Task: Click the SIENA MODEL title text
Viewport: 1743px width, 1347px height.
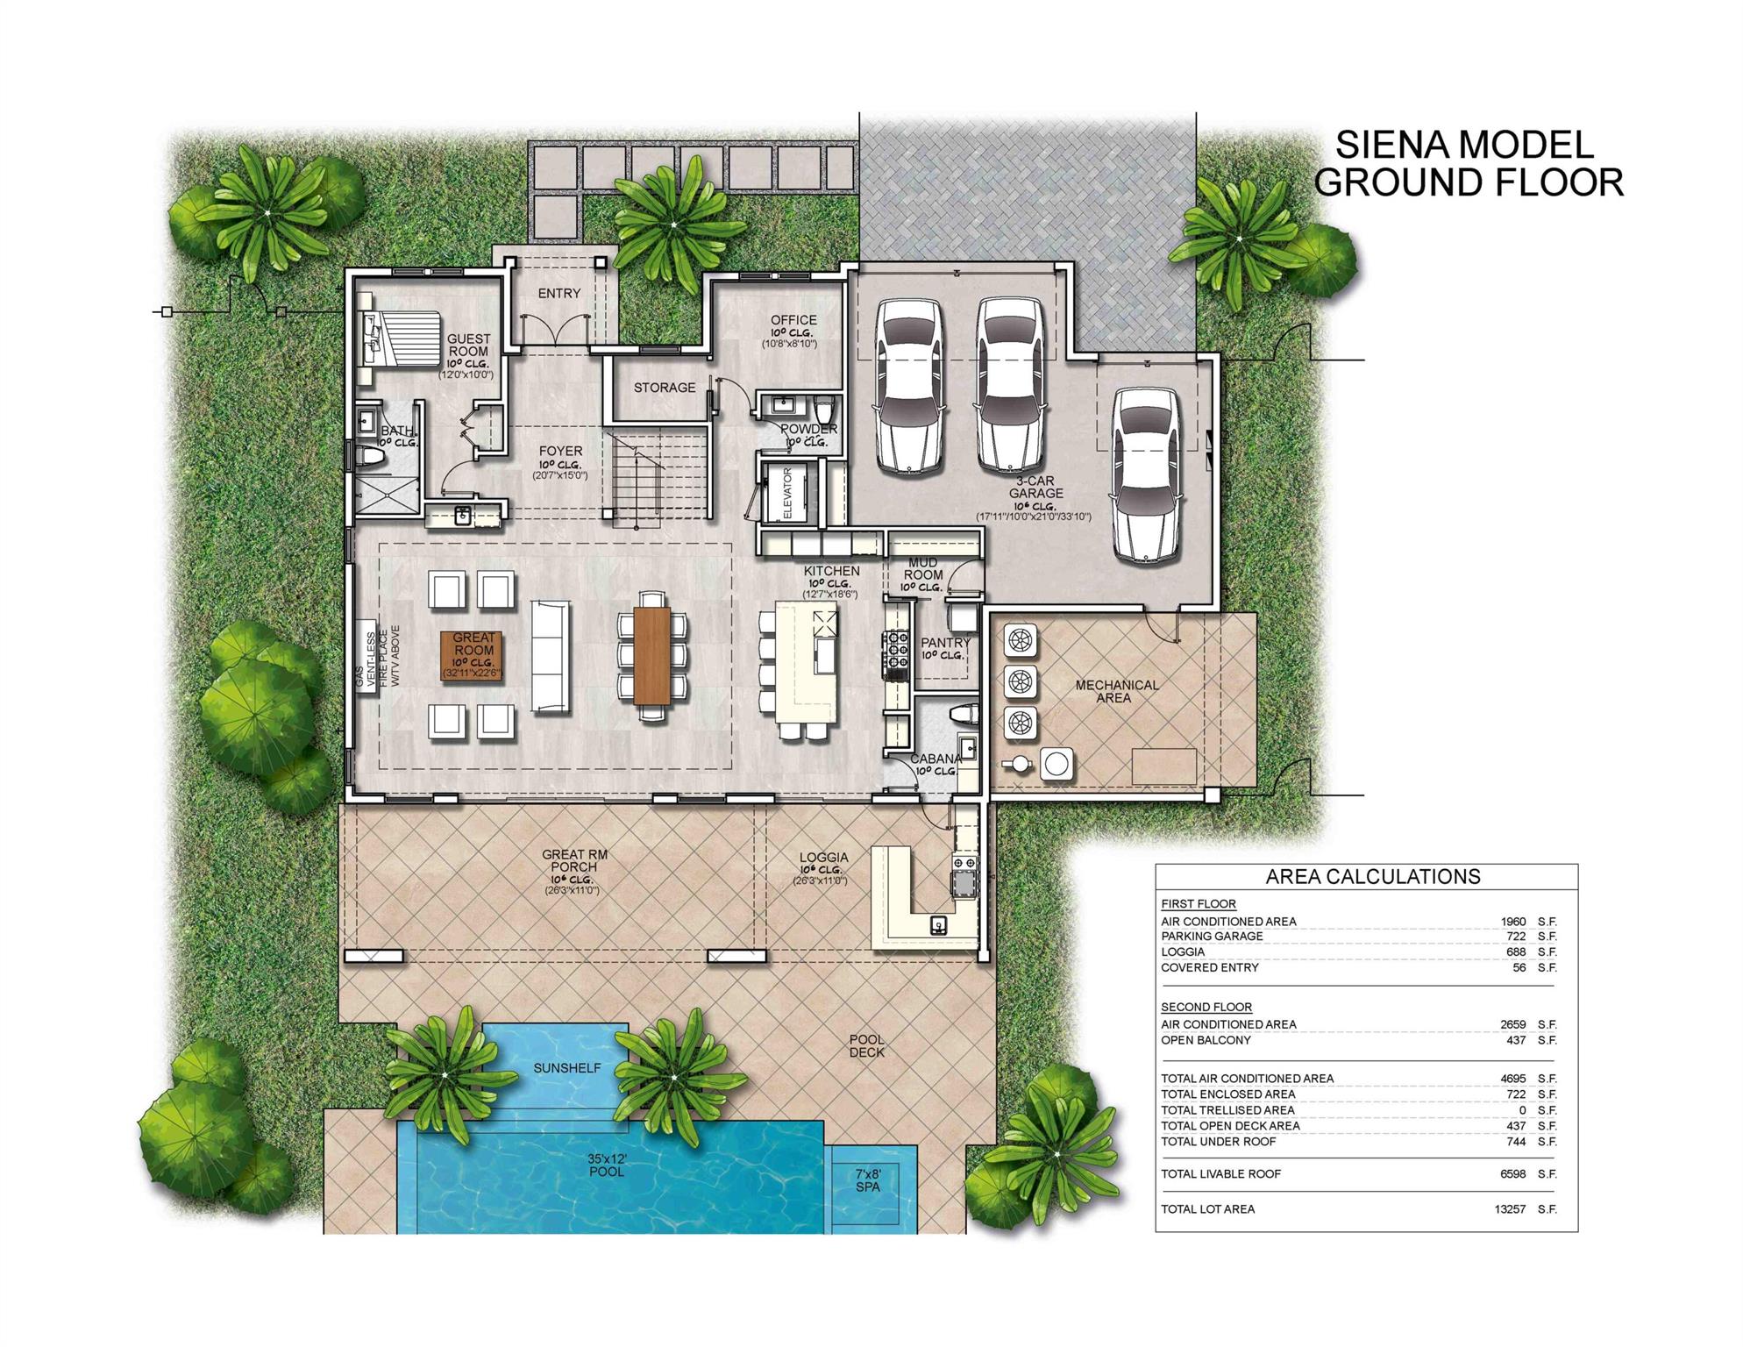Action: click(x=1463, y=145)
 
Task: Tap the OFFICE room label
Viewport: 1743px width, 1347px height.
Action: click(x=793, y=320)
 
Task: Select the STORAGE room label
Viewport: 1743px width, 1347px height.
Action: click(x=664, y=388)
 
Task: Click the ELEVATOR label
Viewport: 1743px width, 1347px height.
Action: click(x=786, y=493)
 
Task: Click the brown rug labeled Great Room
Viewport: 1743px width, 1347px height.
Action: click(x=473, y=655)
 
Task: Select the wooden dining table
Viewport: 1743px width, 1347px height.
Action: click(x=651, y=655)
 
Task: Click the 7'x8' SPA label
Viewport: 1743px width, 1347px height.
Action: click(x=867, y=1180)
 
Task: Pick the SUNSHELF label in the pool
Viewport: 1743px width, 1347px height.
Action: click(x=567, y=1068)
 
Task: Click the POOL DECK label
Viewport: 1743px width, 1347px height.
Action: click(x=866, y=1046)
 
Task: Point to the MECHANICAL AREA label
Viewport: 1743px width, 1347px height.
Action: click(x=1116, y=691)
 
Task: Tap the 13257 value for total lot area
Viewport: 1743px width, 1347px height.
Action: click(x=1510, y=1209)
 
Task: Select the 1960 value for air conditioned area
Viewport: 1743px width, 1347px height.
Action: click(x=1512, y=922)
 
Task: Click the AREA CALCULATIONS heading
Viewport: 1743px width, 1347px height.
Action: click(x=1372, y=876)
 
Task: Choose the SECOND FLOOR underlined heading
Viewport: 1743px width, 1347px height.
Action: click(x=1206, y=1007)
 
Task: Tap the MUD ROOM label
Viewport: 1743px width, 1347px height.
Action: click(x=922, y=568)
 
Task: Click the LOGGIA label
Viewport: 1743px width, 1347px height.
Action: click(x=823, y=858)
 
